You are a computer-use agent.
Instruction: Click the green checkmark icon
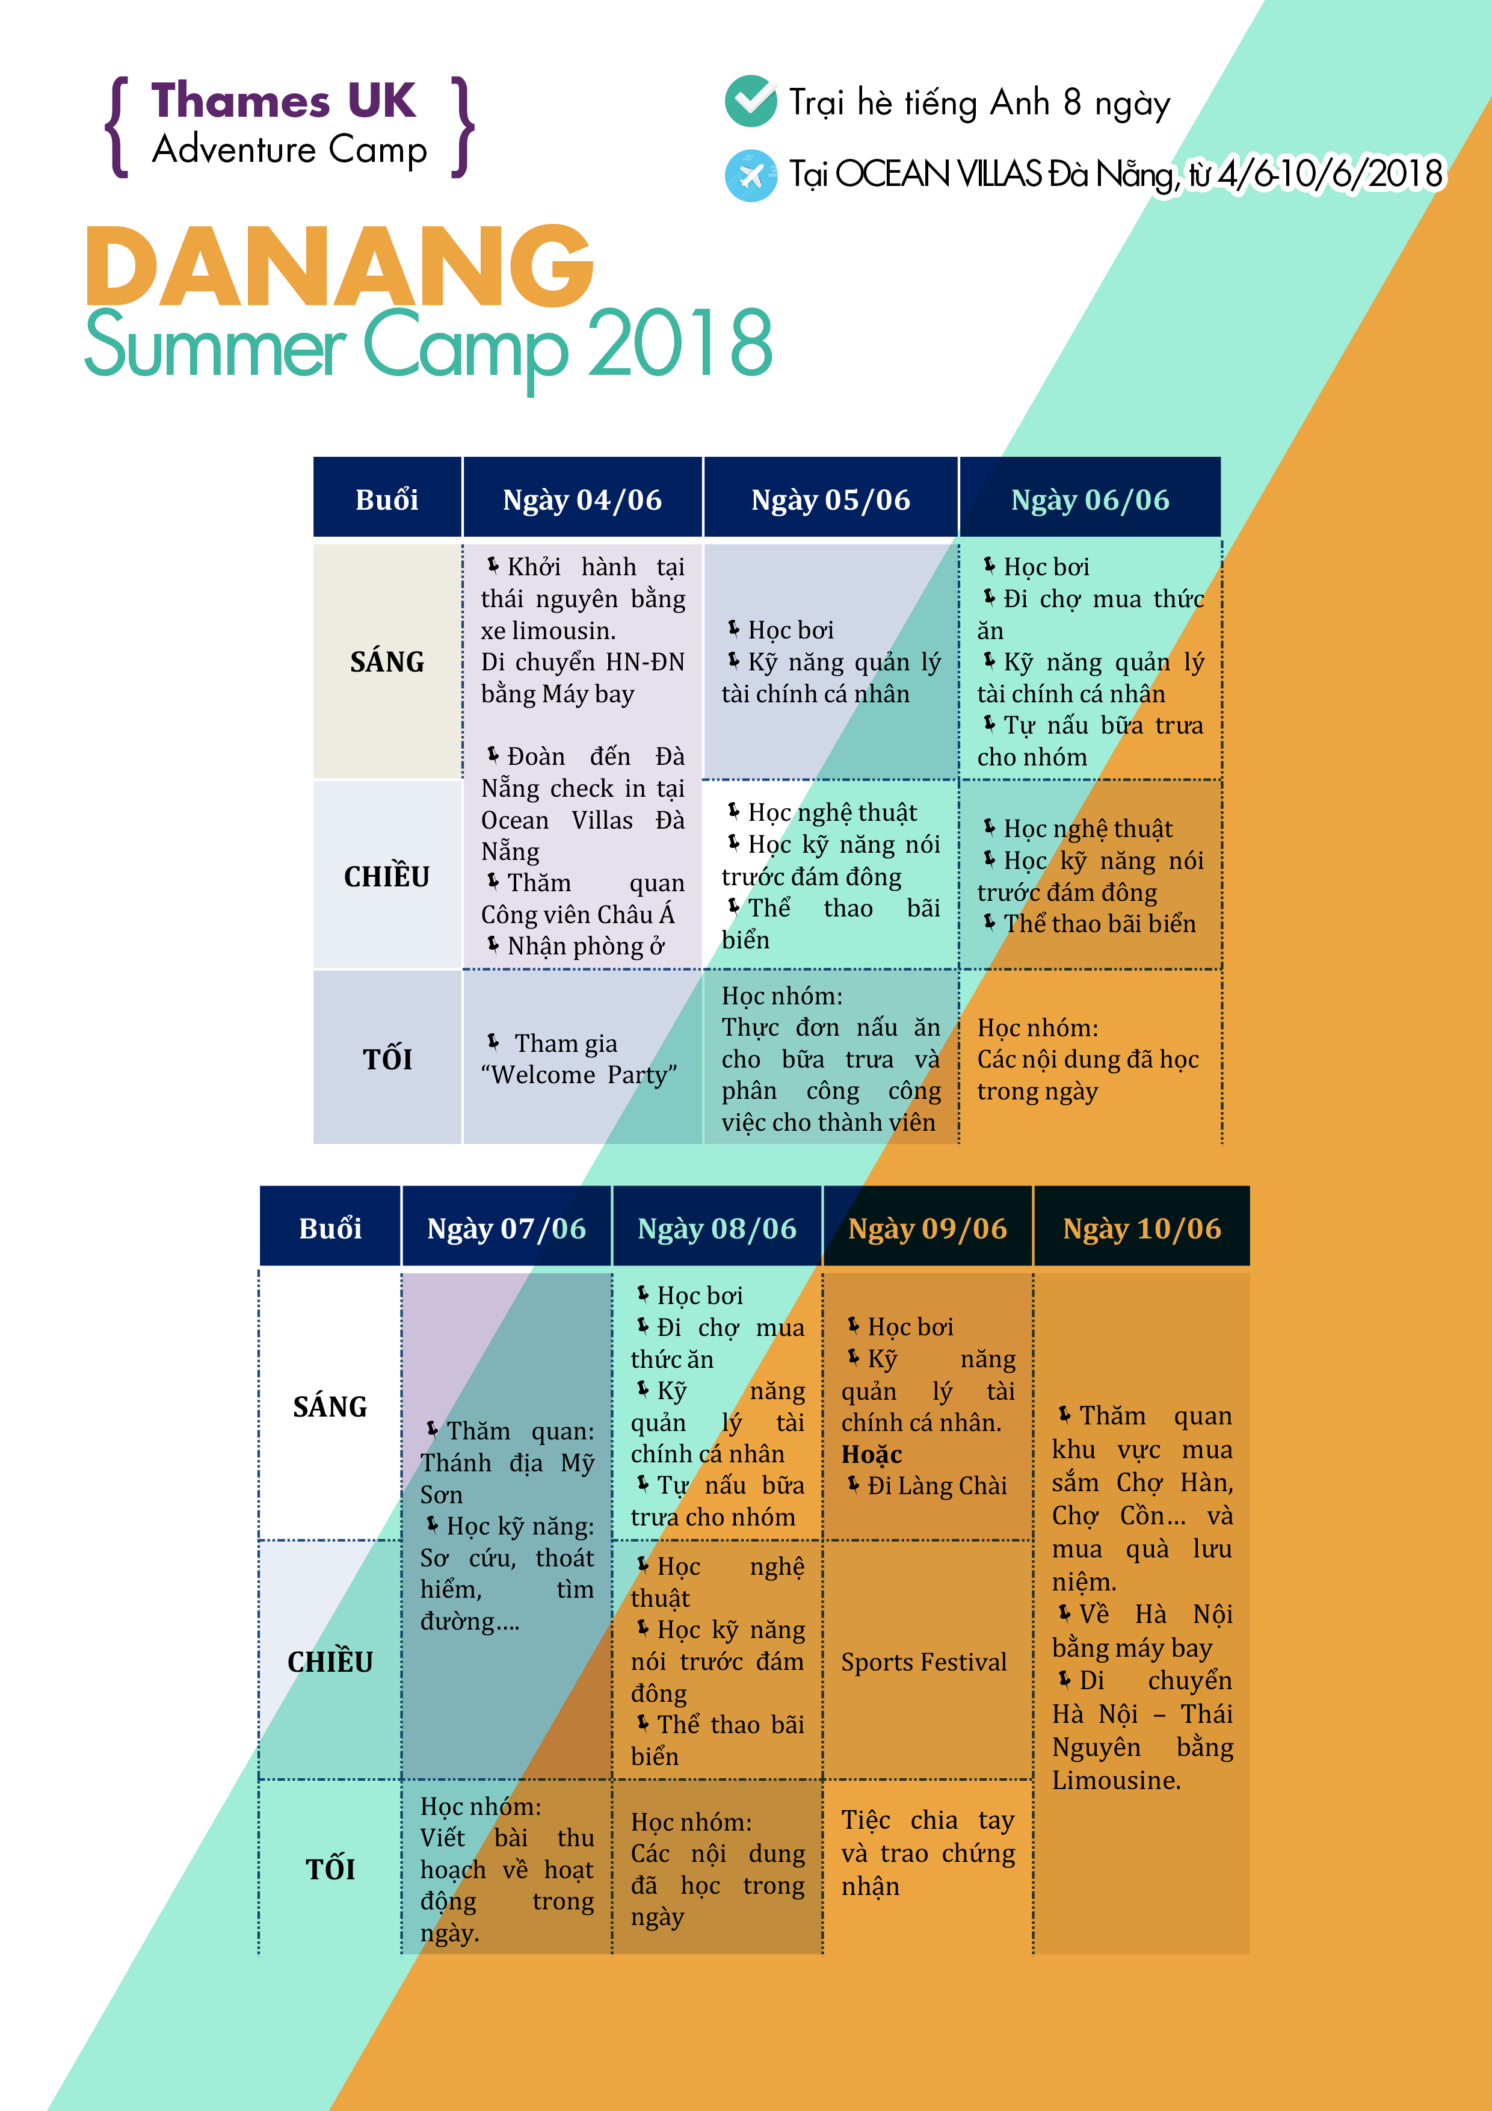[751, 101]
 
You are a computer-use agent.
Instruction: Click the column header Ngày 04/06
[582, 499]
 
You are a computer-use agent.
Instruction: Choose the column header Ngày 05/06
[830, 499]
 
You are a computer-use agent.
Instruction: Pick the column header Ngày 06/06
[1090, 499]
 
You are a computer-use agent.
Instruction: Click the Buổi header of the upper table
[387, 499]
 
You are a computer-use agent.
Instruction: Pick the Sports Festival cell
[924, 1661]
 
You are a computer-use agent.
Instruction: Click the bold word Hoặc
[872, 1454]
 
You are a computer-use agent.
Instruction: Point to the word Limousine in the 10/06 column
[1116, 1780]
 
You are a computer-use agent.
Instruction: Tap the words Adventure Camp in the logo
[289, 150]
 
